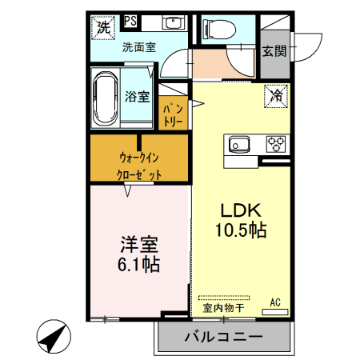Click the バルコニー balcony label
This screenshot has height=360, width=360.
click(223, 336)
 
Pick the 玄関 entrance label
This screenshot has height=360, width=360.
click(274, 52)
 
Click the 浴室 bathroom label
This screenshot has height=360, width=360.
click(137, 97)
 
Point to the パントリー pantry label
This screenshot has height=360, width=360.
click(174, 113)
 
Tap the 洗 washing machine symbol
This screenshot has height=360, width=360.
click(104, 27)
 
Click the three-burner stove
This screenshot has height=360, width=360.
click(277, 145)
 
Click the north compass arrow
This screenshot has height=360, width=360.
click(53, 336)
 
